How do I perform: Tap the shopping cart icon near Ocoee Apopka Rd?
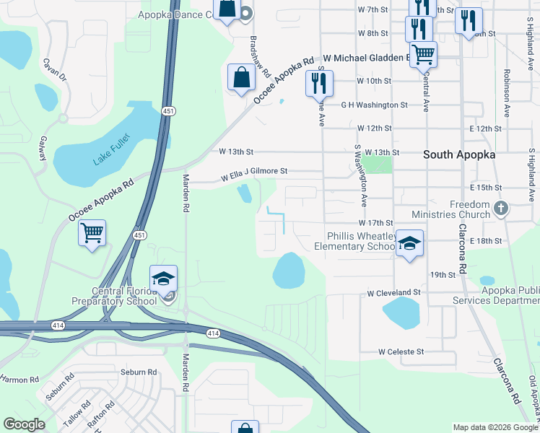pyautogui.click(x=92, y=234)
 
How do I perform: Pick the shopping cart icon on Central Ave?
pyautogui.click(x=423, y=53)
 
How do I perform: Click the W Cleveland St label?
pyautogui.click(x=393, y=293)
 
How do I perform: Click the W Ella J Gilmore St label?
pyautogui.click(x=254, y=172)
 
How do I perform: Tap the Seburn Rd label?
pyautogui.click(x=139, y=372)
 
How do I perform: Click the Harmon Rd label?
pyautogui.click(x=19, y=380)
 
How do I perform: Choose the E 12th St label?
pyautogui.click(x=484, y=128)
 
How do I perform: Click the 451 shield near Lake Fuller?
pyautogui.click(x=167, y=111)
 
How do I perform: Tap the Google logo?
pyautogui.click(x=24, y=424)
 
